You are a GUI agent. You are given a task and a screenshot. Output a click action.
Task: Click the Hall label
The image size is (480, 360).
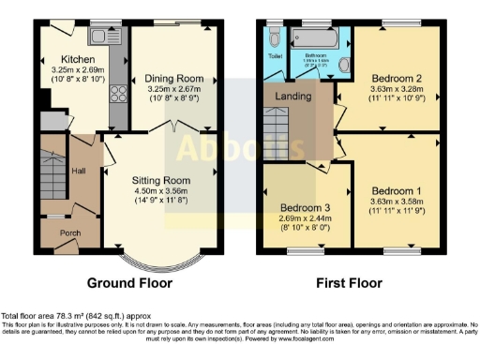79,172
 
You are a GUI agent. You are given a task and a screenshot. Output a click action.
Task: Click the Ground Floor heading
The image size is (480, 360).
128,282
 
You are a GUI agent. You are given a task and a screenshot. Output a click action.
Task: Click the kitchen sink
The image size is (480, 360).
98,37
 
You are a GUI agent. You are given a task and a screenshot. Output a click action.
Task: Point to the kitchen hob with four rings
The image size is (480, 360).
118,93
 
